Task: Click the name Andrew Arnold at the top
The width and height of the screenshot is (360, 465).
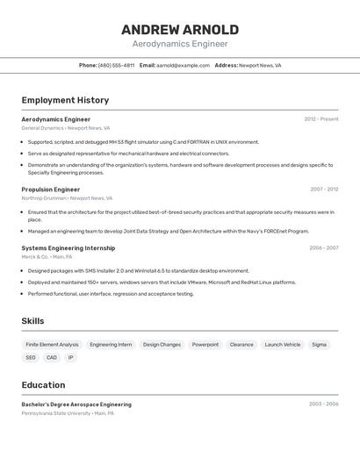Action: click(x=180, y=30)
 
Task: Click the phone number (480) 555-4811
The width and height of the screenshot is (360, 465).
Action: click(x=116, y=65)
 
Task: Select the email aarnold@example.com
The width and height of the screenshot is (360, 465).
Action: click(x=183, y=65)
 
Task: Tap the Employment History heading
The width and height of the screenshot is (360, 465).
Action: click(x=65, y=100)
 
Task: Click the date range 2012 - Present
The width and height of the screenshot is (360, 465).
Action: click(x=321, y=119)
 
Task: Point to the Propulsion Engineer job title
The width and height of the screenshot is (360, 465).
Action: click(x=50, y=189)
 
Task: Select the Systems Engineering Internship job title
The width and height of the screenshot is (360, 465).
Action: click(x=68, y=248)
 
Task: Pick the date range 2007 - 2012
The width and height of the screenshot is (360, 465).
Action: click(x=324, y=189)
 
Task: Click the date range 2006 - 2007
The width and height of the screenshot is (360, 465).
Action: click(x=324, y=248)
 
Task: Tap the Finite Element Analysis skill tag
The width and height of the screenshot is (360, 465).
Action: click(x=52, y=345)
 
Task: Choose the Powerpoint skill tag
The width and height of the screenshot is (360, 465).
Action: click(x=205, y=345)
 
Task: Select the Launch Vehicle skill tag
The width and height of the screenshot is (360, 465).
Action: click(x=283, y=345)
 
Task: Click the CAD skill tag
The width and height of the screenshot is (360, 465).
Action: click(x=52, y=358)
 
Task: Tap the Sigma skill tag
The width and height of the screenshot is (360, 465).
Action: click(x=319, y=345)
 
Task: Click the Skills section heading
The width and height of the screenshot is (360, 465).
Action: click(x=32, y=321)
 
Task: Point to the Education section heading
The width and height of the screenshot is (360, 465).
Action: click(x=43, y=384)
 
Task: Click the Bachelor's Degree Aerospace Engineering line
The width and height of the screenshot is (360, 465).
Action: click(x=76, y=404)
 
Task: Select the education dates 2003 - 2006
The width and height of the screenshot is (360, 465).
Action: click(x=324, y=404)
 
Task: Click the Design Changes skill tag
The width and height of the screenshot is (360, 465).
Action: click(x=162, y=345)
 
